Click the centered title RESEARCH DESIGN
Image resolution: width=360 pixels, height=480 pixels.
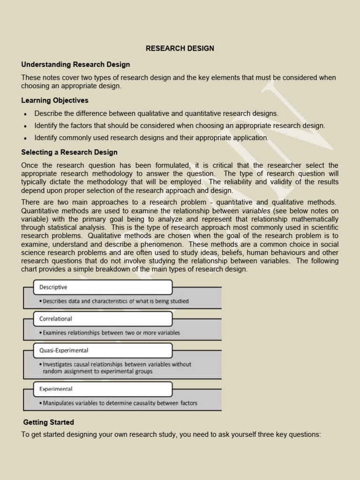point(180,48)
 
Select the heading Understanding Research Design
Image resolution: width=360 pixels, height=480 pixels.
point(75,64)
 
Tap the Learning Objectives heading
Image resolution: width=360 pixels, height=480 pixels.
point(55,100)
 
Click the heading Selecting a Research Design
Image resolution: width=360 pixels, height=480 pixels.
point(69,152)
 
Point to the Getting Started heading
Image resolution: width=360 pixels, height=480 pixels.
point(49,422)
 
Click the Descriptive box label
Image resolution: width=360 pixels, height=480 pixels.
point(53,287)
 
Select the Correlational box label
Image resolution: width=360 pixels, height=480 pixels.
point(55,319)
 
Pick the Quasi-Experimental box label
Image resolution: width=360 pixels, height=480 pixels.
point(64,350)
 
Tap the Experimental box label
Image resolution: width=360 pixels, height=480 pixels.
point(56,389)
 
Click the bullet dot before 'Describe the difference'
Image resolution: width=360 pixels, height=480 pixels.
point(25,114)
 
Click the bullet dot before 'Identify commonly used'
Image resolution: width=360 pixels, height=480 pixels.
point(25,138)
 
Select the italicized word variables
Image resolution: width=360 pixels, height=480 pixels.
point(256,211)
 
